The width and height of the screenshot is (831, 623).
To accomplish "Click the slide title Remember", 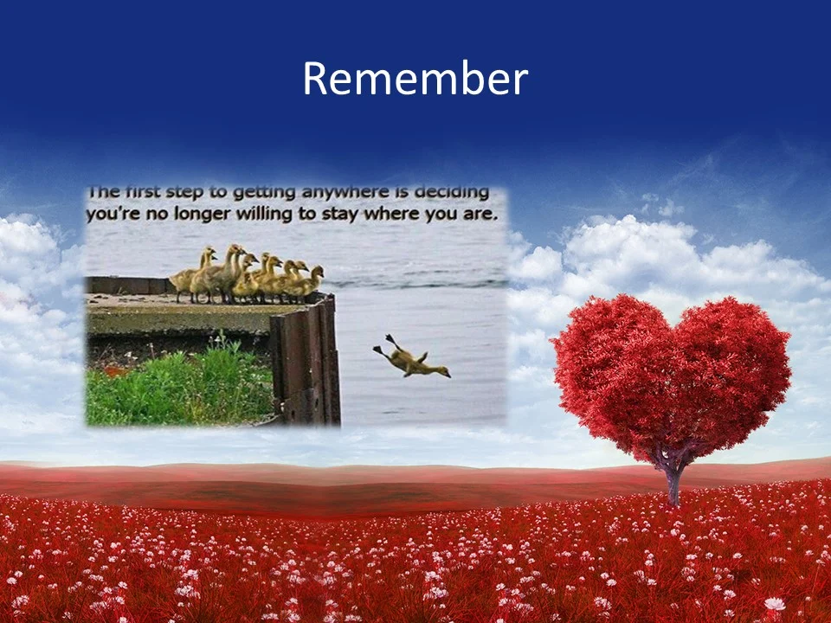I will tap(415, 80).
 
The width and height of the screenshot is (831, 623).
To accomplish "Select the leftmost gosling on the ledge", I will tap(184, 278).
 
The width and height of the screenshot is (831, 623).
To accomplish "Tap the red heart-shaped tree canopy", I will tap(671, 372).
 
